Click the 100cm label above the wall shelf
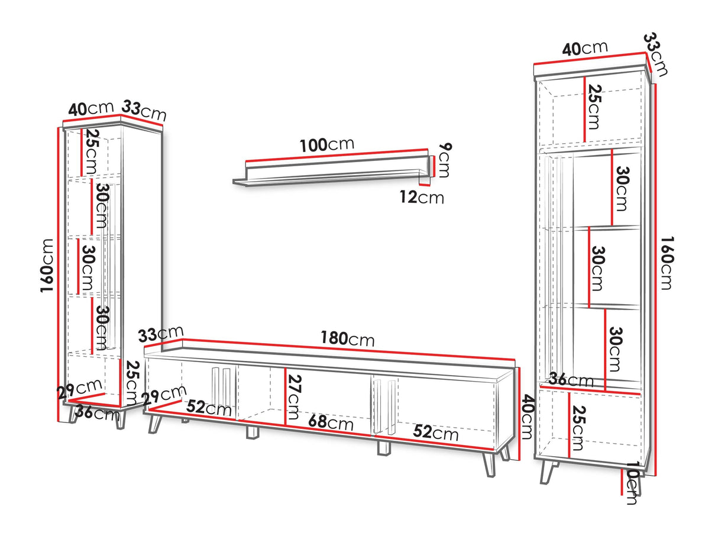click(327, 144)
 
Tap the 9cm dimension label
click(444, 160)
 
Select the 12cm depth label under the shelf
click(422, 197)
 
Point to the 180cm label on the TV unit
click(347, 338)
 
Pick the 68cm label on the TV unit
click(331, 422)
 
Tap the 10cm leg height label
click(633, 483)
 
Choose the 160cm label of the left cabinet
click(47, 266)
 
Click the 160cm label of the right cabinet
click(667, 263)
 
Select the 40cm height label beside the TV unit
click(527, 417)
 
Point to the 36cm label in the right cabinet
click(571, 379)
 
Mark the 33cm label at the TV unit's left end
click(161, 334)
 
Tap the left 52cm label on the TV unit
click(209, 408)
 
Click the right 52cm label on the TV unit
click(435, 432)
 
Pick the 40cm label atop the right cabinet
click(585, 48)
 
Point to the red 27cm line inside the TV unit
click(286, 396)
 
